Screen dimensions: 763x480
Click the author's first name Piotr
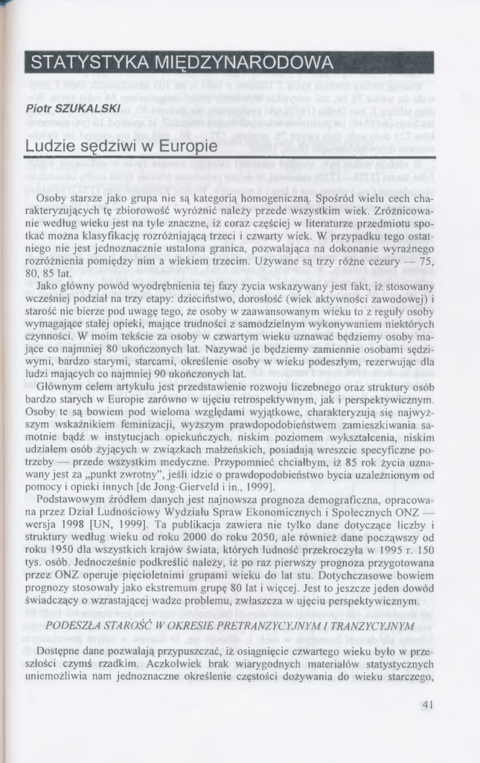pyautogui.click(x=38, y=109)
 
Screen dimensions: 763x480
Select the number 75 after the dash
pyautogui.click(x=426, y=262)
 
